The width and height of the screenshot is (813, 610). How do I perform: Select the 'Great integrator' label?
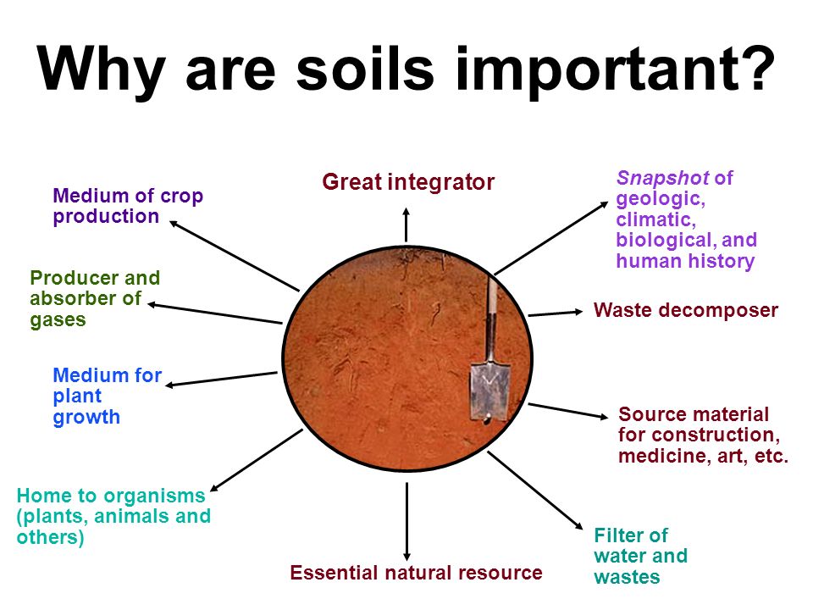tap(408, 182)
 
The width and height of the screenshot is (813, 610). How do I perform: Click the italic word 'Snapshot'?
tap(662, 178)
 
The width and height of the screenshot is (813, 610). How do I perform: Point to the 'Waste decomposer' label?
tap(685, 310)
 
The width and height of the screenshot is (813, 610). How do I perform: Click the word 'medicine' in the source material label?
tap(666, 456)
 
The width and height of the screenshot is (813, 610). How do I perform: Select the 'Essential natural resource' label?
tap(416, 573)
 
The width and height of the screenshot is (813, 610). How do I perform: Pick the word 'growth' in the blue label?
tap(86, 418)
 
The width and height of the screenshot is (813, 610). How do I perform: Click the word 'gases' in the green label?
tap(58, 320)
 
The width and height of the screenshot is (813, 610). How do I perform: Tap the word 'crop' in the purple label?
tap(181, 197)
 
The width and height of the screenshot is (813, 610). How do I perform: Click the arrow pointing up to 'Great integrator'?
tap(406, 225)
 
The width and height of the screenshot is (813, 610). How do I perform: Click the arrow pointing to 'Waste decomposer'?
tap(556, 313)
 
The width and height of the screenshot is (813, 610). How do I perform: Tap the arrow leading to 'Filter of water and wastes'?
tap(535, 491)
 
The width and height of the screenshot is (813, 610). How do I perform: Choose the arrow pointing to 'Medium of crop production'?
tap(235, 256)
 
